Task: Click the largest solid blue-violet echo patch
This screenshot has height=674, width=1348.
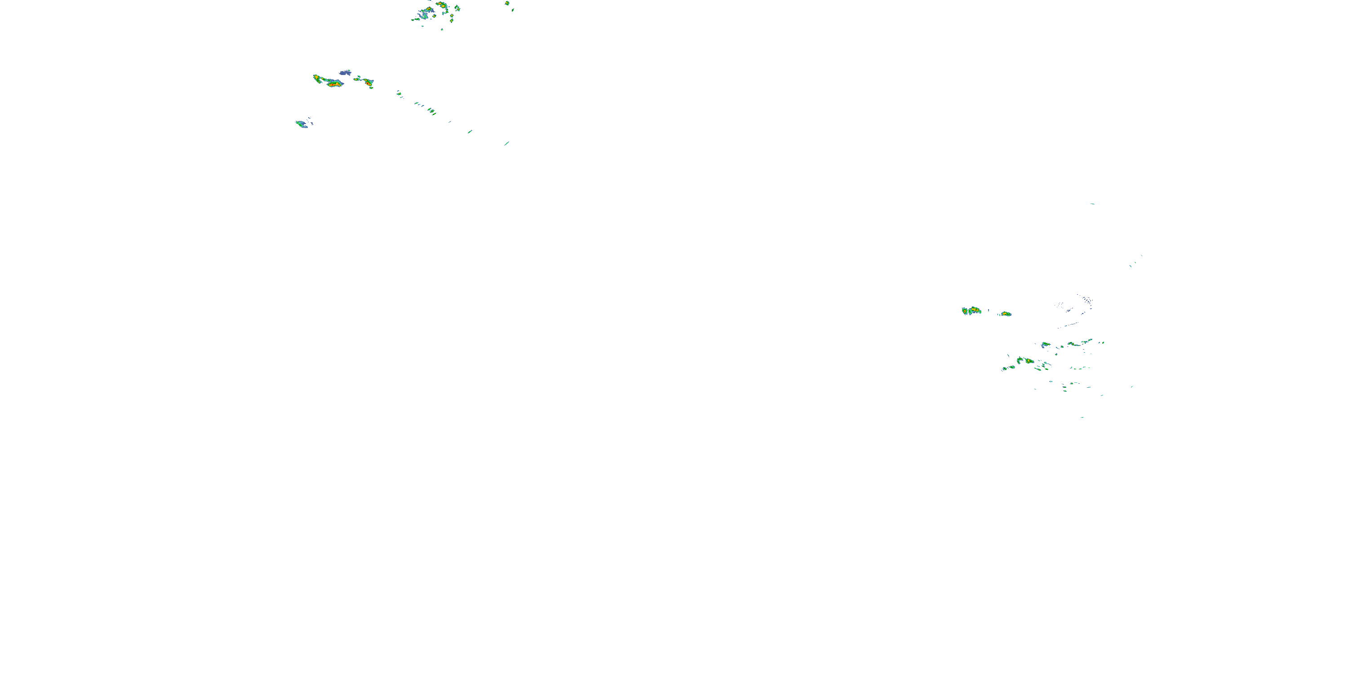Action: pyautogui.click(x=345, y=73)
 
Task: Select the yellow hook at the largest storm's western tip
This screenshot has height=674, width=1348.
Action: pyautogui.click(x=315, y=77)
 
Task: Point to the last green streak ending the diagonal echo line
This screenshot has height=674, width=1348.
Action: pyautogui.click(x=506, y=143)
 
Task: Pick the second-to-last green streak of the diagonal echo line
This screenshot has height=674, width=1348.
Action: pyautogui.click(x=470, y=131)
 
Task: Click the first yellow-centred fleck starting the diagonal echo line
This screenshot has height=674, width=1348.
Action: pyautogui.click(x=399, y=93)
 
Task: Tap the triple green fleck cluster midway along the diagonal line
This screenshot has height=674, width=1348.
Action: pyautogui.click(x=430, y=111)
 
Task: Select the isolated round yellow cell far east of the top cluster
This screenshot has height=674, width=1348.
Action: pyautogui.click(x=506, y=3)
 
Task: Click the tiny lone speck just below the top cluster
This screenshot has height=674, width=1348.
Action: pyautogui.click(x=442, y=29)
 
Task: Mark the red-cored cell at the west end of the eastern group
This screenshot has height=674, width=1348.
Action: pyautogui.click(x=971, y=311)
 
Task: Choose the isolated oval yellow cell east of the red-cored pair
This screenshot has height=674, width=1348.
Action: pyautogui.click(x=1006, y=314)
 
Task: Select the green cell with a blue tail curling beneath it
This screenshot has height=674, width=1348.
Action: pyautogui.click(x=1045, y=344)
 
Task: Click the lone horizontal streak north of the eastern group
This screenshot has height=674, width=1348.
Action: pyautogui.click(x=1092, y=204)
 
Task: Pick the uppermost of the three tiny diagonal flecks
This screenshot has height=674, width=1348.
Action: pyautogui.click(x=1141, y=255)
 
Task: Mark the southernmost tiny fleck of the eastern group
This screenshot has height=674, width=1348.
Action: pyautogui.click(x=1082, y=417)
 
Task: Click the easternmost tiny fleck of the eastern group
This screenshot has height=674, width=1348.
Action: pyautogui.click(x=1132, y=387)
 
